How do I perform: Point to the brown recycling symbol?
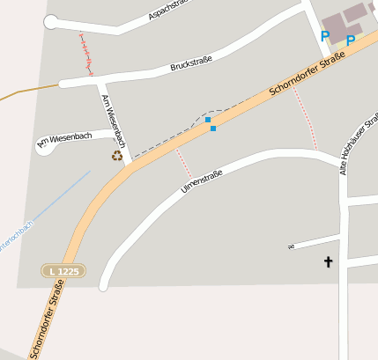pyautogui.click(x=116, y=156)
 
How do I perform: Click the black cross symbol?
pyautogui.click(x=329, y=261)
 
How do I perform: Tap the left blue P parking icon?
pyautogui.click(x=324, y=36)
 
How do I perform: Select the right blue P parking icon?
pyautogui.click(x=350, y=40)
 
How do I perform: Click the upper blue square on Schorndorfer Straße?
pyautogui.click(x=208, y=119)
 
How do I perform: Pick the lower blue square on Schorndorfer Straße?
pyautogui.click(x=213, y=129)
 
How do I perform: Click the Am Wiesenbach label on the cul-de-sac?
pyautogui.click(x=64, y=139)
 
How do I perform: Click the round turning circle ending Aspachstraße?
pyautogui.click(x=50, y=23)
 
